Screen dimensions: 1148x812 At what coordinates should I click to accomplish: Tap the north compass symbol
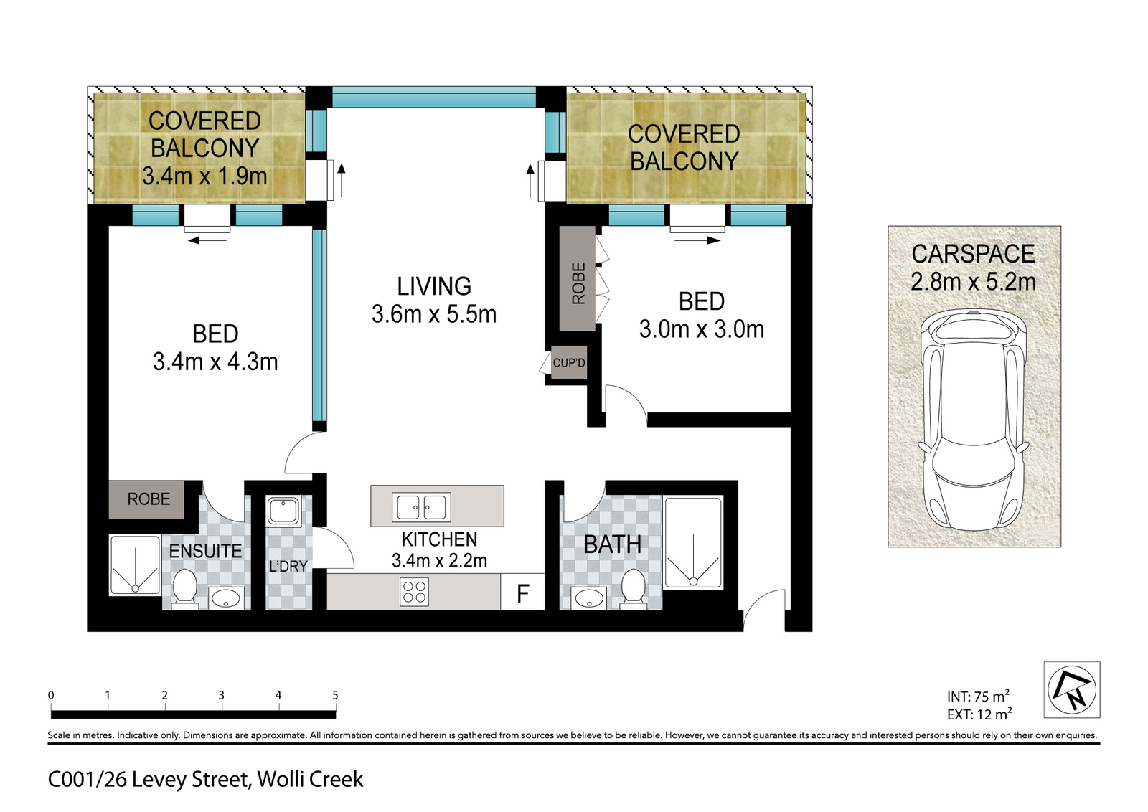point(1072,689)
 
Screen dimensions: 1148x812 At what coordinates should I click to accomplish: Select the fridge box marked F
point(522,593)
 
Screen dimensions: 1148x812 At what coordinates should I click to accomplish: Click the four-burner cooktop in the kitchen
point(414,593)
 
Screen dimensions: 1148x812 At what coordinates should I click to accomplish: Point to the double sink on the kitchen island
point(421,507)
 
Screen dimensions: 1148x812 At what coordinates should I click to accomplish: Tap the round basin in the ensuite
point(225,598)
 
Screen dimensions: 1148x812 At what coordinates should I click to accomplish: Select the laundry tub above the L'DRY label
point(283,511)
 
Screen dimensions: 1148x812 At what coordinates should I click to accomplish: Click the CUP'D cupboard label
point(569,363)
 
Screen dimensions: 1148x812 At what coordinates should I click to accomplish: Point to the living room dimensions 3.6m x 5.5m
point(434,314)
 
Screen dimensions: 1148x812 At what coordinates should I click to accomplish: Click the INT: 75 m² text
point(979,697)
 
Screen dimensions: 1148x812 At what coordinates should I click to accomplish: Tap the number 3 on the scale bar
point(222,695)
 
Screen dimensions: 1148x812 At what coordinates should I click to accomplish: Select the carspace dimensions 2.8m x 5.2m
point(973,282)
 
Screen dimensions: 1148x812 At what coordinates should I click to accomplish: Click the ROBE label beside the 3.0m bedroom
point(578,283)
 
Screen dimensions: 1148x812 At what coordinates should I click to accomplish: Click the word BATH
point(613,544)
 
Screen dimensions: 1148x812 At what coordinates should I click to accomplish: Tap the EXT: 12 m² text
point(979,714)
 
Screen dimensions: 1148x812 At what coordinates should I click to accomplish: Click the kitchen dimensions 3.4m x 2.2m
point(439,560)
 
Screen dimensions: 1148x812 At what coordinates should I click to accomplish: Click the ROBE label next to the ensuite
point(149,499)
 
